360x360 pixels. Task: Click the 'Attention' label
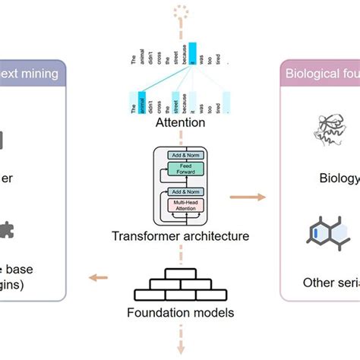coord(179,122)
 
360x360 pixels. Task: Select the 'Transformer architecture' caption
coord(179,236)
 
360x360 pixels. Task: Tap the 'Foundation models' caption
coord(179,311)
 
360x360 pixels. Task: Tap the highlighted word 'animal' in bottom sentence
coord(143,100)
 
